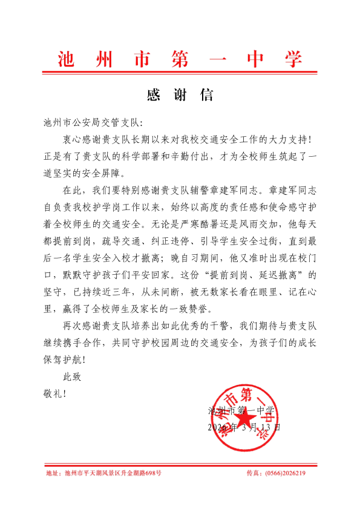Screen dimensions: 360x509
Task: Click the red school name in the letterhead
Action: tap(180, 59)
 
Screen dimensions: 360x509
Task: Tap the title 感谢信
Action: tap(180, 96)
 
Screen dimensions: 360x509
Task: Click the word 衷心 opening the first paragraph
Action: tap(72, 139)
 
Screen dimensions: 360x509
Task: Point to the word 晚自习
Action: tap(175, 254)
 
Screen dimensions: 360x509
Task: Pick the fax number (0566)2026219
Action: tap(285, 473)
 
